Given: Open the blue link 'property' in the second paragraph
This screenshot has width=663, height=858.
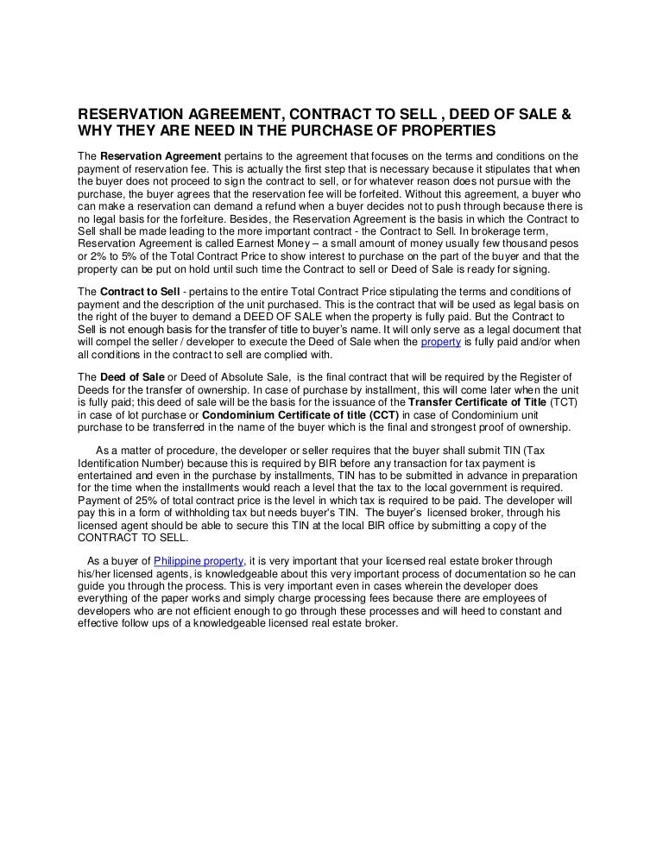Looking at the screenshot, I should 439,343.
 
